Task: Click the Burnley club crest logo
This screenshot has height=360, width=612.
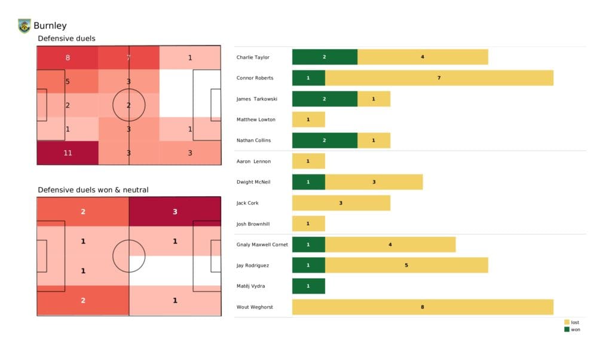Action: [x=24, y=26]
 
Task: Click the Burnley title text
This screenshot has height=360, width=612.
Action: [x=50, y=26]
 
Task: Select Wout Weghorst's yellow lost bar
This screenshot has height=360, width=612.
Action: [x=423, y=307]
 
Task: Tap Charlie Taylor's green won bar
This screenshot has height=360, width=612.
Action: [x=325, y=57]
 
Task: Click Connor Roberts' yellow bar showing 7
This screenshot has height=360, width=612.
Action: [x=439, y=78]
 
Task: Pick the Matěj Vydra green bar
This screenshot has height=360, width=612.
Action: [x=308, y=286]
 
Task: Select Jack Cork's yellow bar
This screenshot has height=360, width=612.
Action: [x=341, y=203]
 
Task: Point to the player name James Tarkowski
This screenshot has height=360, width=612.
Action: [x=256, y=99]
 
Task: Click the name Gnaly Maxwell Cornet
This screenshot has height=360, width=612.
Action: [x=262, y=245]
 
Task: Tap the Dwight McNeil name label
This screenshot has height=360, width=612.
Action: [x=253, y=182]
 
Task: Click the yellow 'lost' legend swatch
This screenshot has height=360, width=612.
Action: [x=567, y=322]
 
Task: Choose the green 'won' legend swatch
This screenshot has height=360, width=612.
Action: [x=567, y=330]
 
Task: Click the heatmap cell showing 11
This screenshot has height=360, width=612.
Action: [x=68, y=152]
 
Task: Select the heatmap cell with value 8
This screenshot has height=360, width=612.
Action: [x=68, y=58]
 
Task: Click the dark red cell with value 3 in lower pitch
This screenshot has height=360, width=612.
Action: [x=175, y=211]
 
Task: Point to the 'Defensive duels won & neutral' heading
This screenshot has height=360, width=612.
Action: [x=93, y=190]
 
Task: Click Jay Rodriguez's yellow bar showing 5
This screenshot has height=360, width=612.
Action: [x=406, y=265]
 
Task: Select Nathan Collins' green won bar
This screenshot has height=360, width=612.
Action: [x=325, y=140]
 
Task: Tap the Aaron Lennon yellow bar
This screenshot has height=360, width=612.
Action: [x=308, y=161]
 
